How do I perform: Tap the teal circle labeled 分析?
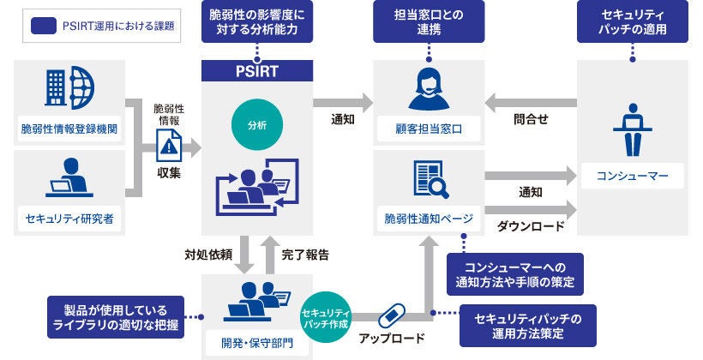pos(256,124)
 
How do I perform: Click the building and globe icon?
pos(69,88)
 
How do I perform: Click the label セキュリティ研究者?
pos(69,219)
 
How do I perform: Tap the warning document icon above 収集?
pos(168,147)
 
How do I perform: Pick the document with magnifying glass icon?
pos(429,180)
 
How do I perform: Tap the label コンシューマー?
pos(631,177)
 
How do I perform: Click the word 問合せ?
pos(531,121)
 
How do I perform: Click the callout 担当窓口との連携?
pos(429,21)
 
